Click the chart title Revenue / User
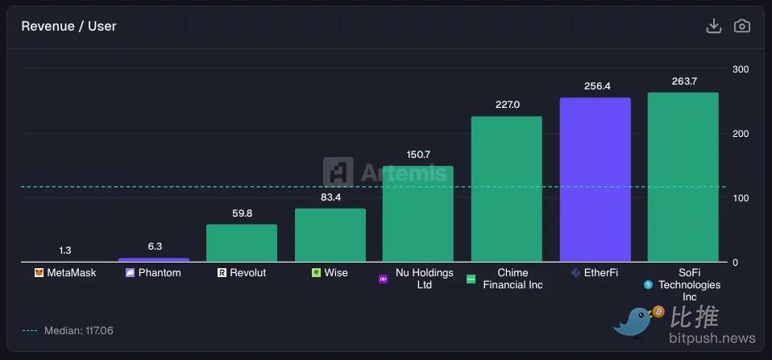point(68,27)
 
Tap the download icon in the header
point(713,27)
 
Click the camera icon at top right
point(741,27)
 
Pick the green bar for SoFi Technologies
point(683,177)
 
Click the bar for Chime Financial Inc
point(506,189)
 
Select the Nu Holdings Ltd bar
point(417,214)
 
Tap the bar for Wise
point(330,235)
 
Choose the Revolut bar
point(242,242)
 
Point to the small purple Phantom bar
point(154,259)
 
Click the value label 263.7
point(683,81)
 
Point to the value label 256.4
point(596,86)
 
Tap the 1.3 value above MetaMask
point(65,250)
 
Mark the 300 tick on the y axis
point(740,69)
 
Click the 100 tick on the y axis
point(740,198)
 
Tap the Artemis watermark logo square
point(338,172)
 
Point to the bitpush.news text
point(713,338)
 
